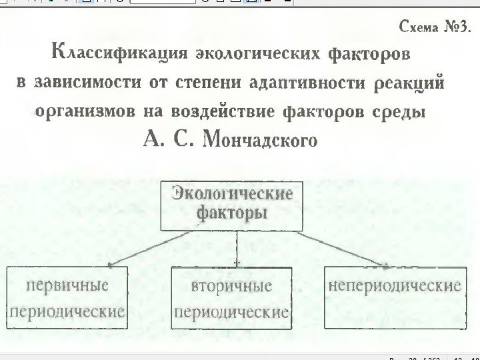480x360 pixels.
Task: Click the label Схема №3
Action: pos(433,29)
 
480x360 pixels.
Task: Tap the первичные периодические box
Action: pos(67,298)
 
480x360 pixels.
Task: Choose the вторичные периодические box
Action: pos(231,298)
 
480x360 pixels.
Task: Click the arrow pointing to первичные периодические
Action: pos(147,249)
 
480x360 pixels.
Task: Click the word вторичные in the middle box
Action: pos(231,287)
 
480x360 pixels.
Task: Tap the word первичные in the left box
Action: pos(67,285)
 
